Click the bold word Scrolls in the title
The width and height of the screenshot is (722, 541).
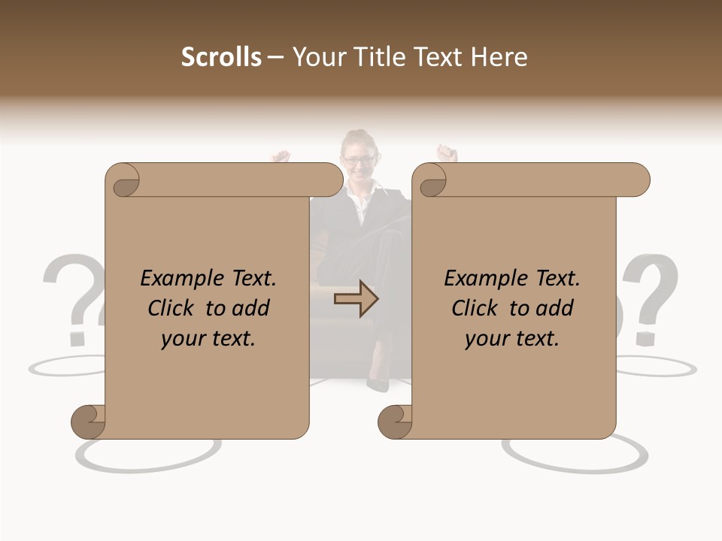point(221,57)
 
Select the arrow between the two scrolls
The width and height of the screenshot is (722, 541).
point(356,299)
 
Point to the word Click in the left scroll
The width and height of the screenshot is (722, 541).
point(173,308)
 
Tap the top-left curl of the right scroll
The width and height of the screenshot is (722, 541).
point(431,181)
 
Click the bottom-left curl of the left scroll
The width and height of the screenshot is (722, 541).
point(89,422)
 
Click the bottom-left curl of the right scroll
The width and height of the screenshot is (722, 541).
point(396,422)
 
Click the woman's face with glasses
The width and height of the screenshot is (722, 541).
point(359,159)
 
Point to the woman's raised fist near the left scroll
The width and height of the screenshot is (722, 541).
point(281,156)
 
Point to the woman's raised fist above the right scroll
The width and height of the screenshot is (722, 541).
point(448,153)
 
